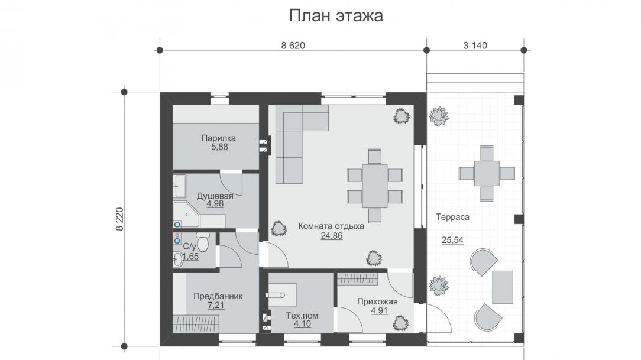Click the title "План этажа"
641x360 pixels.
coord(336,16)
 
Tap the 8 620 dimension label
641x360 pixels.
coord(293,46)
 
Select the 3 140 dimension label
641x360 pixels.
coord(475,46)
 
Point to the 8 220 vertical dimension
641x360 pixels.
coord(119,219)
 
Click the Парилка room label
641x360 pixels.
coord(219,138)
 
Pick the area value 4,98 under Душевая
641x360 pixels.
coord(215,204)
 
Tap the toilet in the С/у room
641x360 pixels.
coord(202,242)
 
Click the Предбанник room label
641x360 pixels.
coord(218,296)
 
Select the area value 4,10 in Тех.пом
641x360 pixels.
coord(302,324)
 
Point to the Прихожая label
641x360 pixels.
coord(377,302)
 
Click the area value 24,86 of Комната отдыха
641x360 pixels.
coord(332,236)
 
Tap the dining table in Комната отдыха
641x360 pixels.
coord(375,186)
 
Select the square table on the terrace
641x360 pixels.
coord(487,173)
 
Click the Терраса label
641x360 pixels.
coord(452,217)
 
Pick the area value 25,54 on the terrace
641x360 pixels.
coord(452,240)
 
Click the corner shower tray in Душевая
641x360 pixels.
coord(186,215)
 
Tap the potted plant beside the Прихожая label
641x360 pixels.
coord(401,323)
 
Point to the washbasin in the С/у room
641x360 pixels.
coord(178,259)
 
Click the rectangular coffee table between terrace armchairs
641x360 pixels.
coord(503,287)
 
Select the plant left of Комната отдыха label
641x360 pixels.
coord(279,229)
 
